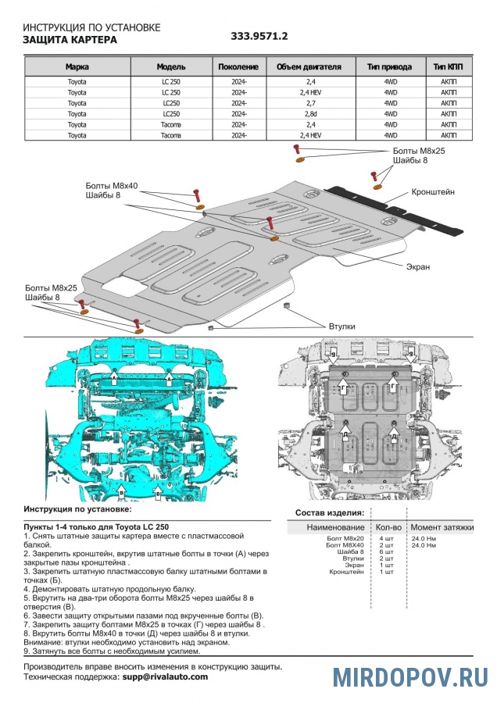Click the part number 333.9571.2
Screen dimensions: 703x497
[259, 36]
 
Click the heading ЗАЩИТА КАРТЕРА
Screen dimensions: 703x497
[70, 40]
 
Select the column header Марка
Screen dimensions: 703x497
[77, 67]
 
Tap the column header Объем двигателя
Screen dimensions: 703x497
[309, 67]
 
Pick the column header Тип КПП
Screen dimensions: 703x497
[449, 67]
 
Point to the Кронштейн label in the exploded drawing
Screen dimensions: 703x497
[434, 191]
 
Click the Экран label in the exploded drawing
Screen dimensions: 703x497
[417, 266]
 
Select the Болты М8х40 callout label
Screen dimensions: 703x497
[112, 186]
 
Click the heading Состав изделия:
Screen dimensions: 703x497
[329, 512]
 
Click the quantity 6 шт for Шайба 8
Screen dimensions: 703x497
[386, 552]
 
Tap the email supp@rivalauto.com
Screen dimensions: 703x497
[165, 676]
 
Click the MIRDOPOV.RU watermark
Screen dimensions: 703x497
[410, 676]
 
